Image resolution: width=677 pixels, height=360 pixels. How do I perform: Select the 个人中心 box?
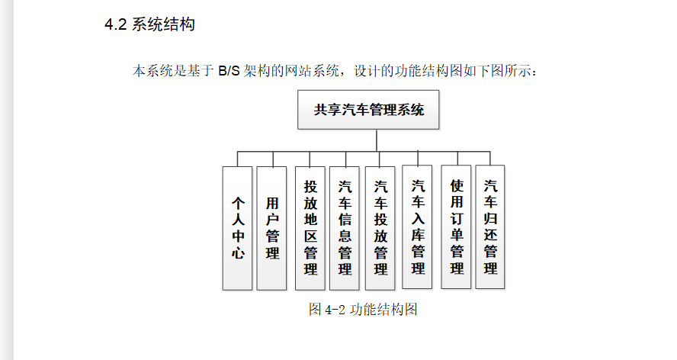click(238, 228)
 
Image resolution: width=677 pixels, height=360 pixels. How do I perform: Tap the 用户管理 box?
click(272, 228)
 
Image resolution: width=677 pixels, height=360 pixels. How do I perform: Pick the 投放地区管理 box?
click(310, 228)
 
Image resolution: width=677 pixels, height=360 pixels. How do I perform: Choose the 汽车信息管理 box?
click(345, 228)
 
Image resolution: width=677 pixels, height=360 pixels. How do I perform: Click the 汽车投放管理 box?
click(380, 228)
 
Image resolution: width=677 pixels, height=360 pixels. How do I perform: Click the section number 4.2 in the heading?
click(115, 25)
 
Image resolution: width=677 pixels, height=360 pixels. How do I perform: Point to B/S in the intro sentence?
click(229, 72)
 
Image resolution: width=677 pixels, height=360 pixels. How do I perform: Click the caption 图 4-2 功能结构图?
click(363, 309)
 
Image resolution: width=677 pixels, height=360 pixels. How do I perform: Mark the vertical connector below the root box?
click(376, 140)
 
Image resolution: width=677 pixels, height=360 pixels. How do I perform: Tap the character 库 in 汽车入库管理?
click(418, 234)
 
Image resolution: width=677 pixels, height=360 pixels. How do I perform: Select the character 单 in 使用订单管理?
click(456, 234)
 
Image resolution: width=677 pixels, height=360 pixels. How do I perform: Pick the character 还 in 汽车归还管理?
click(490, 234)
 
